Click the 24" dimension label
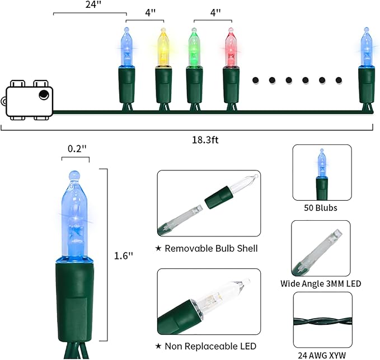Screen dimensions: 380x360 (x=93, y=4)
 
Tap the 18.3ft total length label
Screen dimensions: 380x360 (x=205, y=140)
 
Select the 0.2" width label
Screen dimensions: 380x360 (x=77, y=149)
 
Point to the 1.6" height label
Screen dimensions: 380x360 (x=124, y=255)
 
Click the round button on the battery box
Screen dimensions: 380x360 (x=44, y=94)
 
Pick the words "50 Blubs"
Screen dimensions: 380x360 (x=321, y=208)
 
